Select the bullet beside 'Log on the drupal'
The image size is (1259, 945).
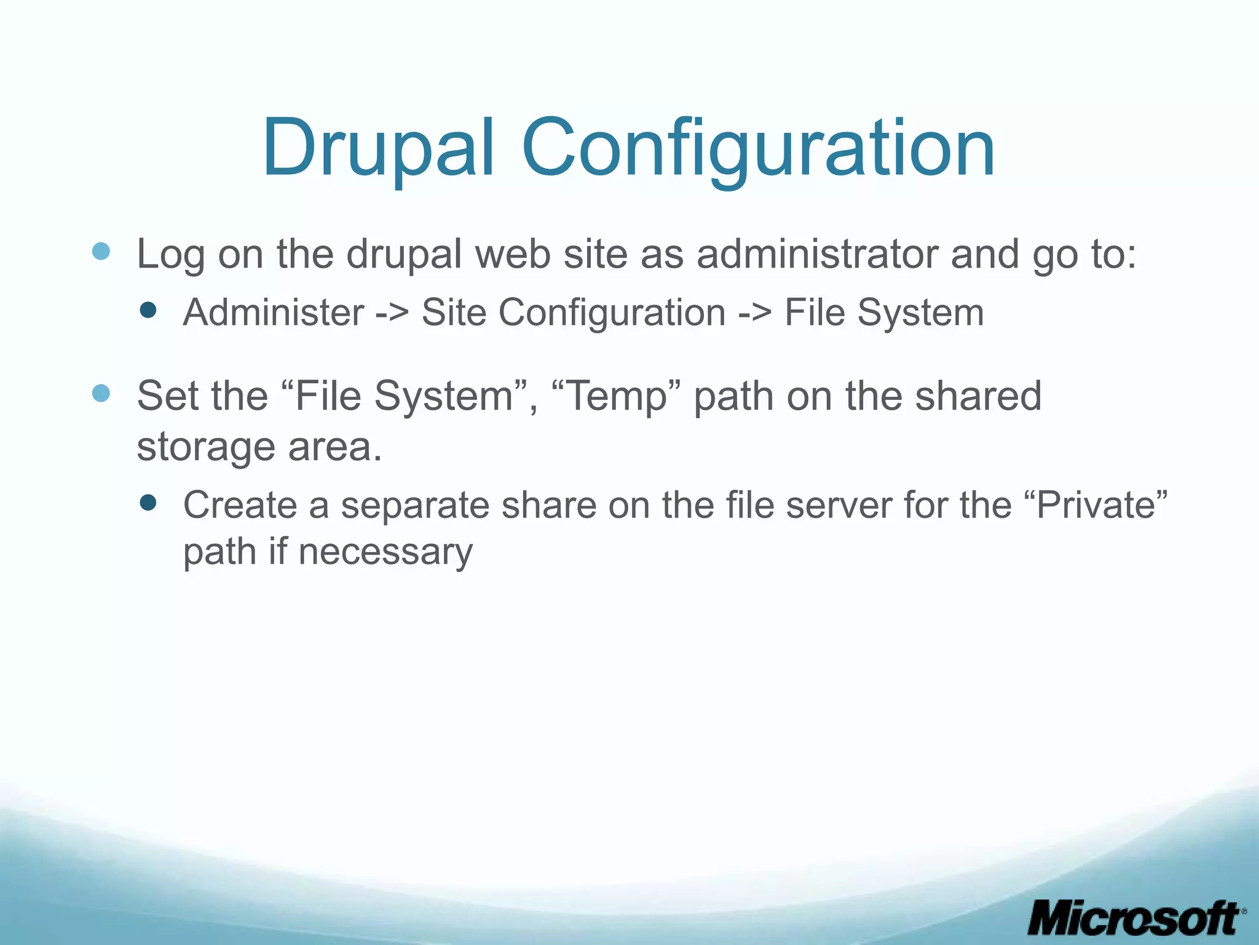coord(101,252)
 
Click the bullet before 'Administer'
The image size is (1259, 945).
coord(148,310)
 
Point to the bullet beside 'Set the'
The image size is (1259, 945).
coord(101,393)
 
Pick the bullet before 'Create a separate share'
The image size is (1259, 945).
coord(148,503)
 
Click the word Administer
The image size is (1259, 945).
coord(274,313)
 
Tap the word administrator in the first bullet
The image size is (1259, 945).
coord(816,253)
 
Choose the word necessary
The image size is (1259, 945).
coord(385,552)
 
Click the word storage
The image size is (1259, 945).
coord(205,447)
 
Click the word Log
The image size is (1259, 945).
coord(170,253)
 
